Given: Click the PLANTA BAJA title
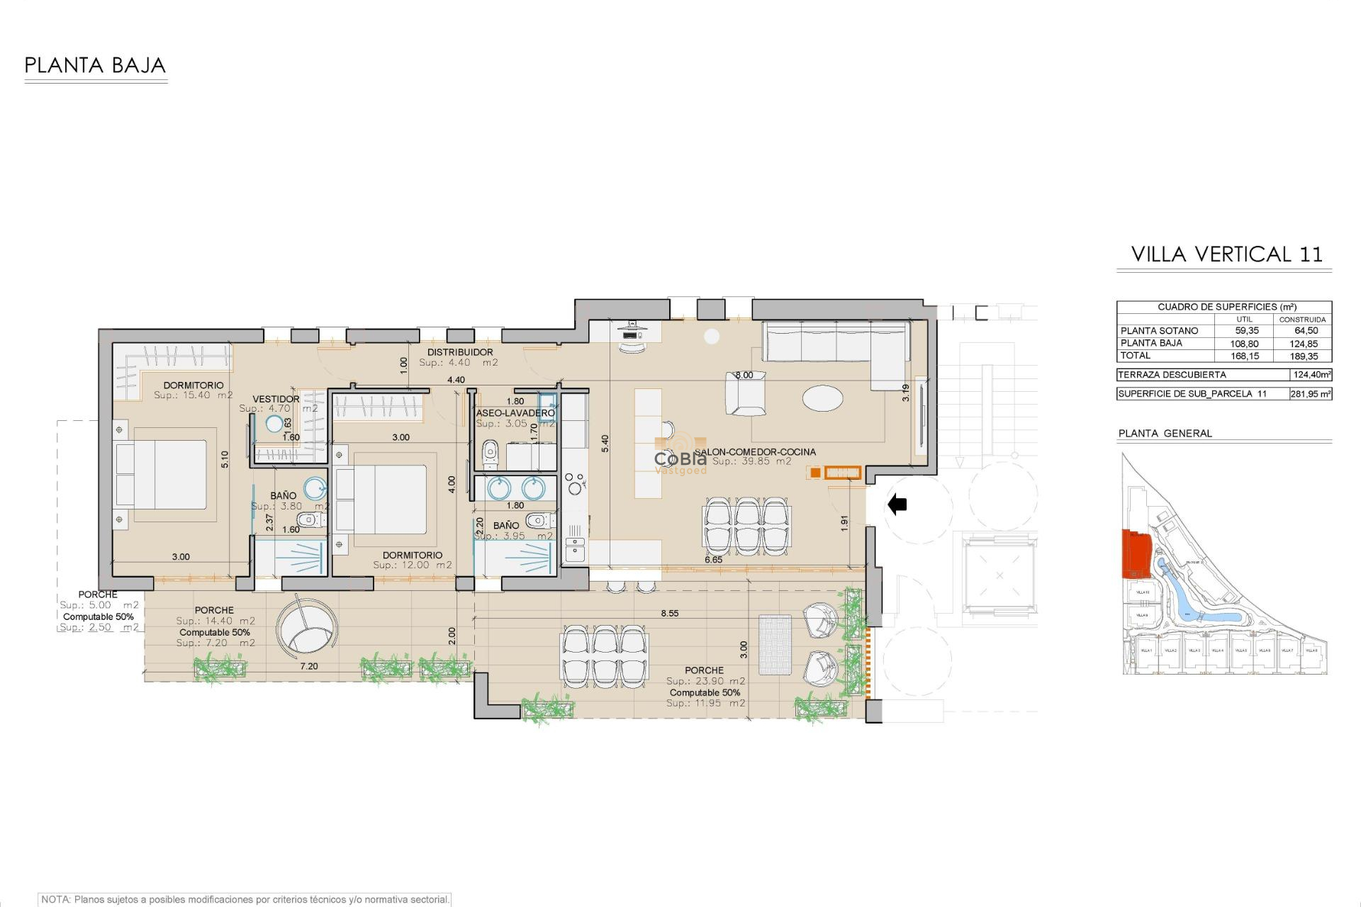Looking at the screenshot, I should [x=95, y=66].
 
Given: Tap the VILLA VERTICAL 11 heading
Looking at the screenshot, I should [x=1226, y=254].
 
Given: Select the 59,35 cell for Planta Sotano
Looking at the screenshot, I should [x=1247, y=331].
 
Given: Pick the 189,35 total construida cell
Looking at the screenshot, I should [x=1305, y=356].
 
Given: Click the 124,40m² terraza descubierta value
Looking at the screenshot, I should [x=1311, y=375].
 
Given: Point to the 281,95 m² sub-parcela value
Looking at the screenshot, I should [x=1311, y=394].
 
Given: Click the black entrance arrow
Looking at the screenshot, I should [x=897, y=505].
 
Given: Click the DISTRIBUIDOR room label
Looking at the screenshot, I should [x=459, y=352].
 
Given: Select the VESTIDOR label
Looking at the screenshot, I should [x=276, y=400].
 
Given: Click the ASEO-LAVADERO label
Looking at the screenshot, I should [x=515, y=413].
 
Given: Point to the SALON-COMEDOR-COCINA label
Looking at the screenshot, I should [x=755, y=452].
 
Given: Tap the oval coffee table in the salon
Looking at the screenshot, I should [x=823, y=398].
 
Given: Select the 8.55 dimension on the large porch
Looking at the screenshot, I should [x=669, y=614].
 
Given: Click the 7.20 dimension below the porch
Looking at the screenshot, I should [x=308, y=667].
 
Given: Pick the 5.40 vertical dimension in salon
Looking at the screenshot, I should [x=605, y=444].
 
